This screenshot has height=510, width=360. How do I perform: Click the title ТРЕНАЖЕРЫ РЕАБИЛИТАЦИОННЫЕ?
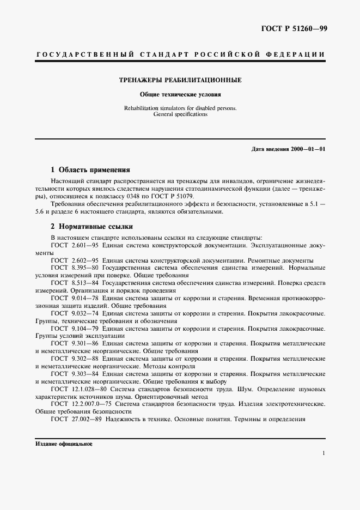coord(180,80)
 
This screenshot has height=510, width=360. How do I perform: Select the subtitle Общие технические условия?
coord(180,94)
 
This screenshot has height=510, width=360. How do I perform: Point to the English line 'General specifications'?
coord(180,114)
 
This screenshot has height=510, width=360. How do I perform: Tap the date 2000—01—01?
coord(306,149)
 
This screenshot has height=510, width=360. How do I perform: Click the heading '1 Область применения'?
coord(90,169)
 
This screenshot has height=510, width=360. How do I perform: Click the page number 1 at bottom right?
coord(324,453)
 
